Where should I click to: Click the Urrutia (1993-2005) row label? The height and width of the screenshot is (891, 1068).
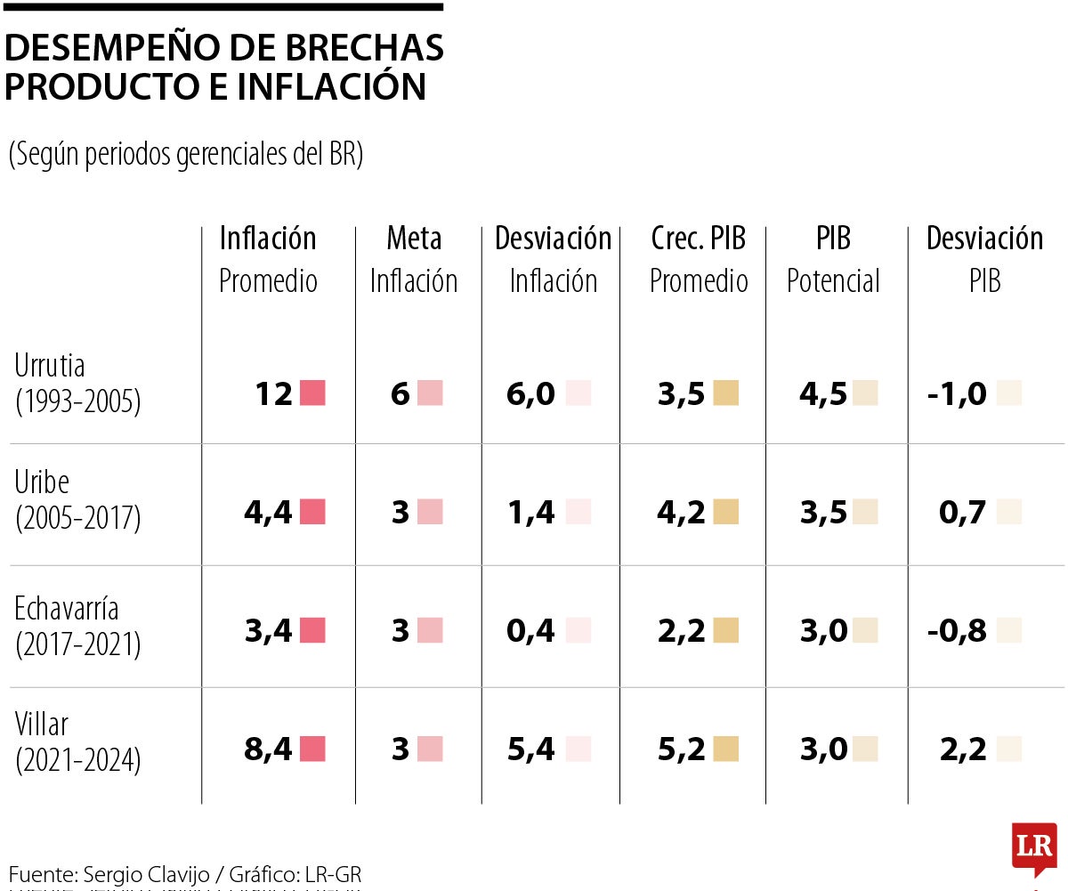coord(78,384)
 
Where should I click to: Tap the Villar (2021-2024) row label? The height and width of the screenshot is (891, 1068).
coord(78,742)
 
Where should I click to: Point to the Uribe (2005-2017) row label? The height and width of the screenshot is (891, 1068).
coord(78,500)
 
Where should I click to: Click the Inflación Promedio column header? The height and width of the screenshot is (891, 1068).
coord(268,258)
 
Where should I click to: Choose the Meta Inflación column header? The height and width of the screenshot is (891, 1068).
coord(414,258)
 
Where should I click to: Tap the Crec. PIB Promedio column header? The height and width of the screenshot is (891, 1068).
coord(699,258)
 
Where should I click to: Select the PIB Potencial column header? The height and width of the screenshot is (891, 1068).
coord(833,258)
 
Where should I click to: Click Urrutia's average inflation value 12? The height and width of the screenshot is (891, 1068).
coord(273,393)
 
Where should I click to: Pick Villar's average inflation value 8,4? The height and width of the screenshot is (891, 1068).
coord(268,749)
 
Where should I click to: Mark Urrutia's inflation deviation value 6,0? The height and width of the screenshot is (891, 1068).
coord(530,393)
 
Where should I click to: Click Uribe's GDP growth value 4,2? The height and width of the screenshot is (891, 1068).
coord(682,513)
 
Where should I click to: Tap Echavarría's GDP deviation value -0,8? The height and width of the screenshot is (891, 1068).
coord(957,631)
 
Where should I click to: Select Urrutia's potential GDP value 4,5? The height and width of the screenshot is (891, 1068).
coord(823,393)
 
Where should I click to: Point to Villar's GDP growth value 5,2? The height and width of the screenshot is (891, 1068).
coord(682,749)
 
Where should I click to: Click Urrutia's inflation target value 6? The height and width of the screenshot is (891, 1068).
coord(400,393)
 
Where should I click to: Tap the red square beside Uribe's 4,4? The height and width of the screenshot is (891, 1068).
coord(312,512)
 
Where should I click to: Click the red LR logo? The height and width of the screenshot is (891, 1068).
coord(1033,846)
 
